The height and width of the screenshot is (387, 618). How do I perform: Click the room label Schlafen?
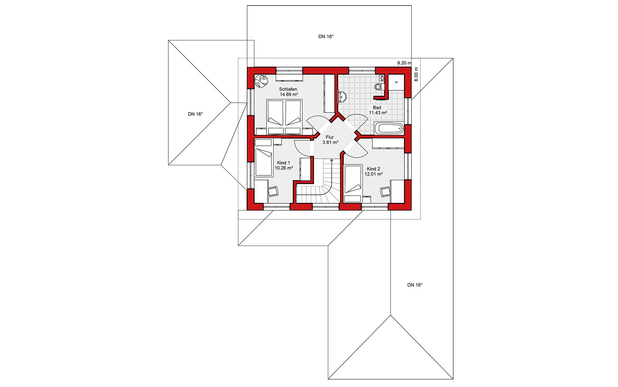[x=288, y=89]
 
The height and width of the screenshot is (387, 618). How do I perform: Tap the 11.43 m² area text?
[x=378, y=113]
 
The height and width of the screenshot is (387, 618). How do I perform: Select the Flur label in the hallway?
[x=330, y=137]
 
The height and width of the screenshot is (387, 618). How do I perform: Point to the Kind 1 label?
[x=284, y=163]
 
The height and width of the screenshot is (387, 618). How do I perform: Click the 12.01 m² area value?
[x=373, y=174]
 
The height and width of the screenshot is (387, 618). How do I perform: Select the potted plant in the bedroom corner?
[x=261, y=81]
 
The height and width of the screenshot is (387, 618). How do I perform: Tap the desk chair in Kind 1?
[x=274, y=191]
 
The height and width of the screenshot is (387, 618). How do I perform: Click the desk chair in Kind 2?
[x=385, y=192]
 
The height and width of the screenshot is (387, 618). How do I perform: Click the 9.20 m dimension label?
[x=404, y=63]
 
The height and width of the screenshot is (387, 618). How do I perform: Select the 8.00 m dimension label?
[x=416, y=74]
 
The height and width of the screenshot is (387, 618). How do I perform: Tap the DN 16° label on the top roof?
[x=326, y=36]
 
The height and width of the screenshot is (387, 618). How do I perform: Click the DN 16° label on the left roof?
[x=195, y=114]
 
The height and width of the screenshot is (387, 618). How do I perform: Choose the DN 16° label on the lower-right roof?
[x=415, y=285]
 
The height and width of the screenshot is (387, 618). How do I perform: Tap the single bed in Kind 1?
[x=264, y=162]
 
